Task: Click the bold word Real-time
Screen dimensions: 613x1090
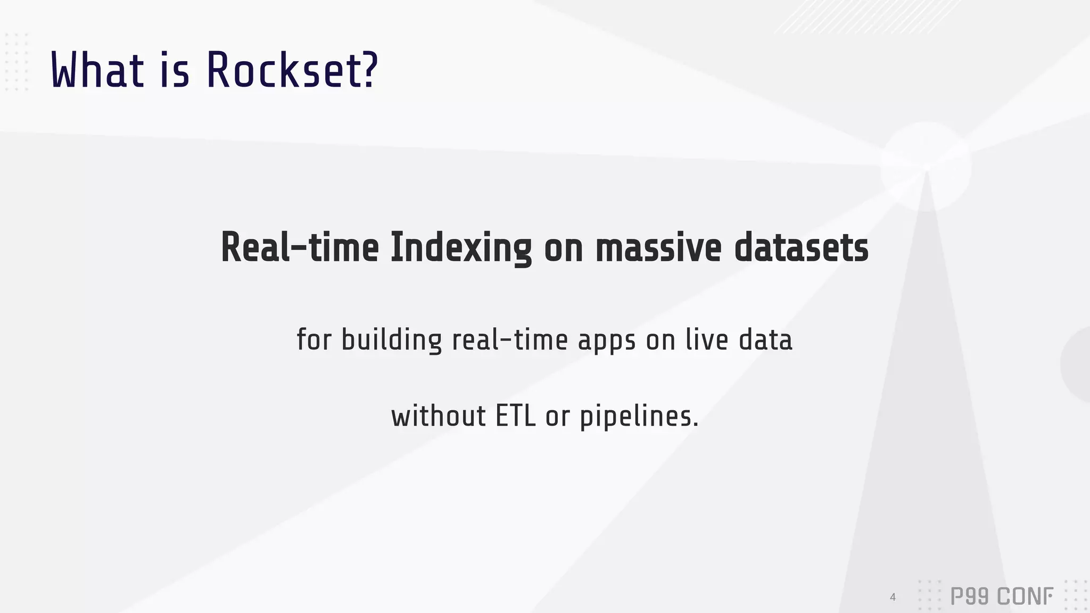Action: (x=300, y=248)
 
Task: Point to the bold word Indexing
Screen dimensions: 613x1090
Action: (x=461, y=248)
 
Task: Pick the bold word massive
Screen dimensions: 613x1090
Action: (x=658, y=248)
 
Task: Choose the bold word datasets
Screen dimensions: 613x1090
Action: (x=801, y=248)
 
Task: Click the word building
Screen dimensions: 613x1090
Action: (x=391, y=340)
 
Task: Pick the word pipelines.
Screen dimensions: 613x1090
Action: (x=638, y=417)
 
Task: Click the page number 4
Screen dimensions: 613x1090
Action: (x=893, y=597)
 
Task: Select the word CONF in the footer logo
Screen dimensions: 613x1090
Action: (x=1025, y=597)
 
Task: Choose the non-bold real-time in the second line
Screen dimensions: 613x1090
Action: (x=510, y=340)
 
